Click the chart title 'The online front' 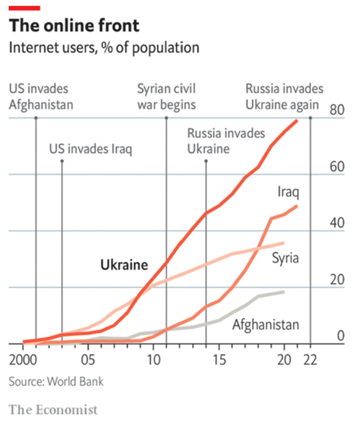tap(74, 25)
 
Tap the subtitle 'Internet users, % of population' tap(104, 48)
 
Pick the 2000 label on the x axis tap(23, 360)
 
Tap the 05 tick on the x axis tap(88, 360)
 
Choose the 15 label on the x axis tap(219, 360)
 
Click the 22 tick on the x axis tap(310, 360)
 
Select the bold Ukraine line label tap(124, 265)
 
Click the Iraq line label tap(288, 192)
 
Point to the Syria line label tap(285, 258)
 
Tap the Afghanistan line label tap(266, 324)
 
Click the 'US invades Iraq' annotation tap(91, 150)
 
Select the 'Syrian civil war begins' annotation tap(166, 96)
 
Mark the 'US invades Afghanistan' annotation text tap(41, 96)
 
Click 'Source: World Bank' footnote tap(56, 381)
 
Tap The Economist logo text tap(53, 409)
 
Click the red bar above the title tap(25, 8)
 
